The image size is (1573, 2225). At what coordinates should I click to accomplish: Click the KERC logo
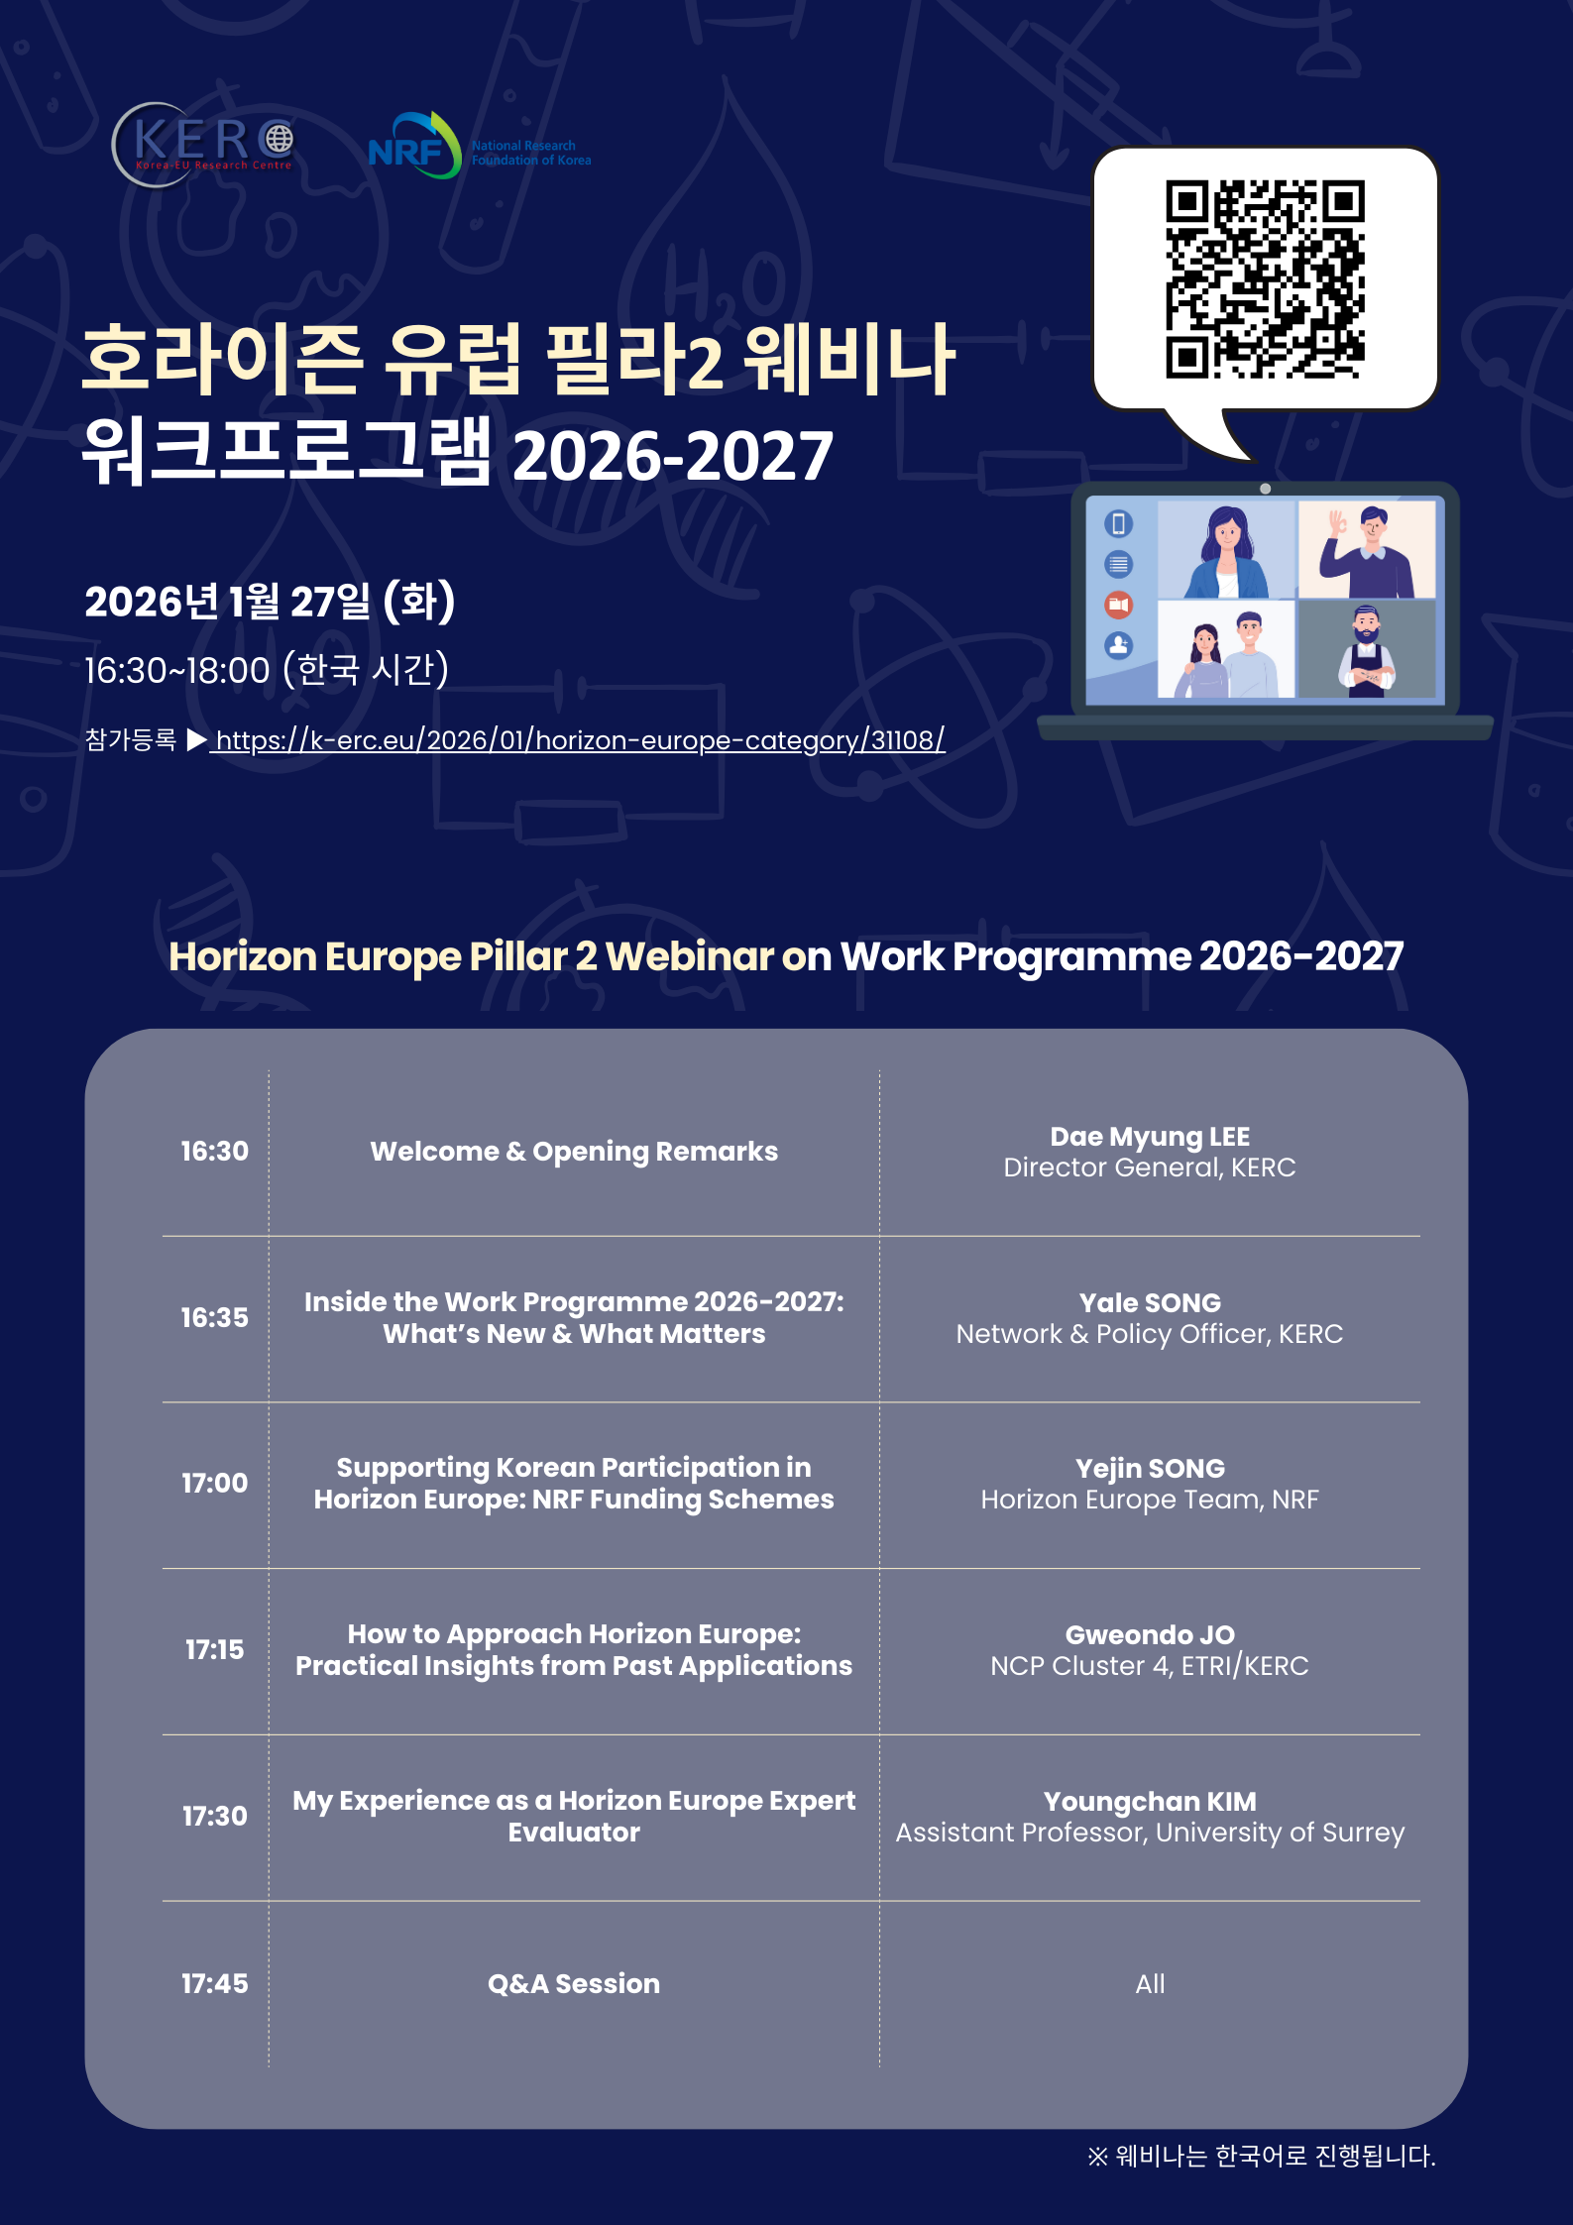pyautogui.click(x=203, y=145)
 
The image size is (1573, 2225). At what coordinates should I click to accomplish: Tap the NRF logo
pyautogui.click(x=480, y=146)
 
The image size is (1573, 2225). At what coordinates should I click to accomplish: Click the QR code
pyautogui.click(x=1265, y=279)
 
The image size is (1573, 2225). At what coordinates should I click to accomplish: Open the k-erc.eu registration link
pyautogui.click(x=577, y=740)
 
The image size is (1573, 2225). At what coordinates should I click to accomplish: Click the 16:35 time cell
pyautogui.click(x=214, y=1317)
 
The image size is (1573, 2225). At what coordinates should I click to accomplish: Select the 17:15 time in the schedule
pyautogui.click(x=214, y=1649)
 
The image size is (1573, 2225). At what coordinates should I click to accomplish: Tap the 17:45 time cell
pyautogui.click(x=214, y=1983)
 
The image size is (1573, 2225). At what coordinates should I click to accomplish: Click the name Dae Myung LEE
pyautogui.click(x=1150, y=1137)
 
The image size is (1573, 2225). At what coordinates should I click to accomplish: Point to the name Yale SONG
pyautogui.click(x=1150, y=1302)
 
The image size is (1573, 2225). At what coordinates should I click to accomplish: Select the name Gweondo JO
pyautogui.click(x=1150, y=1634)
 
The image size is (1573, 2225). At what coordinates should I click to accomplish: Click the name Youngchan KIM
pyautogui.click(x=1150, y=1801)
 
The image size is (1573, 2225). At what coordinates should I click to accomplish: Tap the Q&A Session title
pyautogui.click(x=574, y=1983)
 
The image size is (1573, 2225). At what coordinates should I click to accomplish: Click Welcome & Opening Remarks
pyautogui.click(x=574, y=1152)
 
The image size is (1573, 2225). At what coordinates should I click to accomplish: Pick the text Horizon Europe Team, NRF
pyautogui.click(x=1150, y=1500)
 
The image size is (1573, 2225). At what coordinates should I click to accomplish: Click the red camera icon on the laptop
pyautogui.click(x=1119, y=605)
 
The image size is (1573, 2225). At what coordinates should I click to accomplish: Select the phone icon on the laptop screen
pyautogui.click(x=1119, y=523)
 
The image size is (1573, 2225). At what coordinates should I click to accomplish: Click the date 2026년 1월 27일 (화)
pyautogui.click(x=270, y=602)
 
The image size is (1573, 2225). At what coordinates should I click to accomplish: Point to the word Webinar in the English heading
pyautogui.click(x=690, y=956)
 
